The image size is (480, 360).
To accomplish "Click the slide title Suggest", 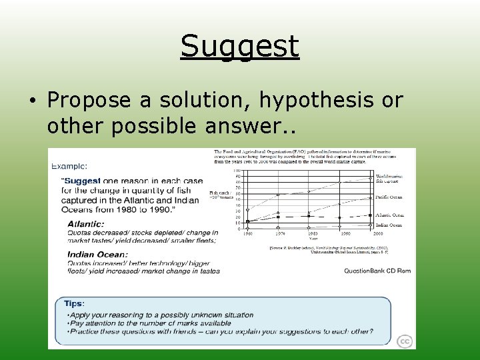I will [x=239, y=47].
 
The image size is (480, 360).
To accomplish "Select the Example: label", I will [x=69, y=165].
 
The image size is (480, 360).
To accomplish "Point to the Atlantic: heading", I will [x=85, y=223].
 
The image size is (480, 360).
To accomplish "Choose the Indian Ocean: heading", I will [x=97, y=254].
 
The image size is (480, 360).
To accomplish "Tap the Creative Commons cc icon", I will [x=405, y=341].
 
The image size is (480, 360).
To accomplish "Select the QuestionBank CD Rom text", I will [x=377, y=271].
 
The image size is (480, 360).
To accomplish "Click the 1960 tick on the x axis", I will [x=247, y=234].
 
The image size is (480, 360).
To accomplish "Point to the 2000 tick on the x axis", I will [x=378, y=234].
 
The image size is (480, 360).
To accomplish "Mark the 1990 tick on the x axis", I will [x=345, y=234].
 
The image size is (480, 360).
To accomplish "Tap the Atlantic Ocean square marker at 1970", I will [x=278, y=217].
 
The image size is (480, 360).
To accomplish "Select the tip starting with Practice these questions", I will [x=221, y=331].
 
